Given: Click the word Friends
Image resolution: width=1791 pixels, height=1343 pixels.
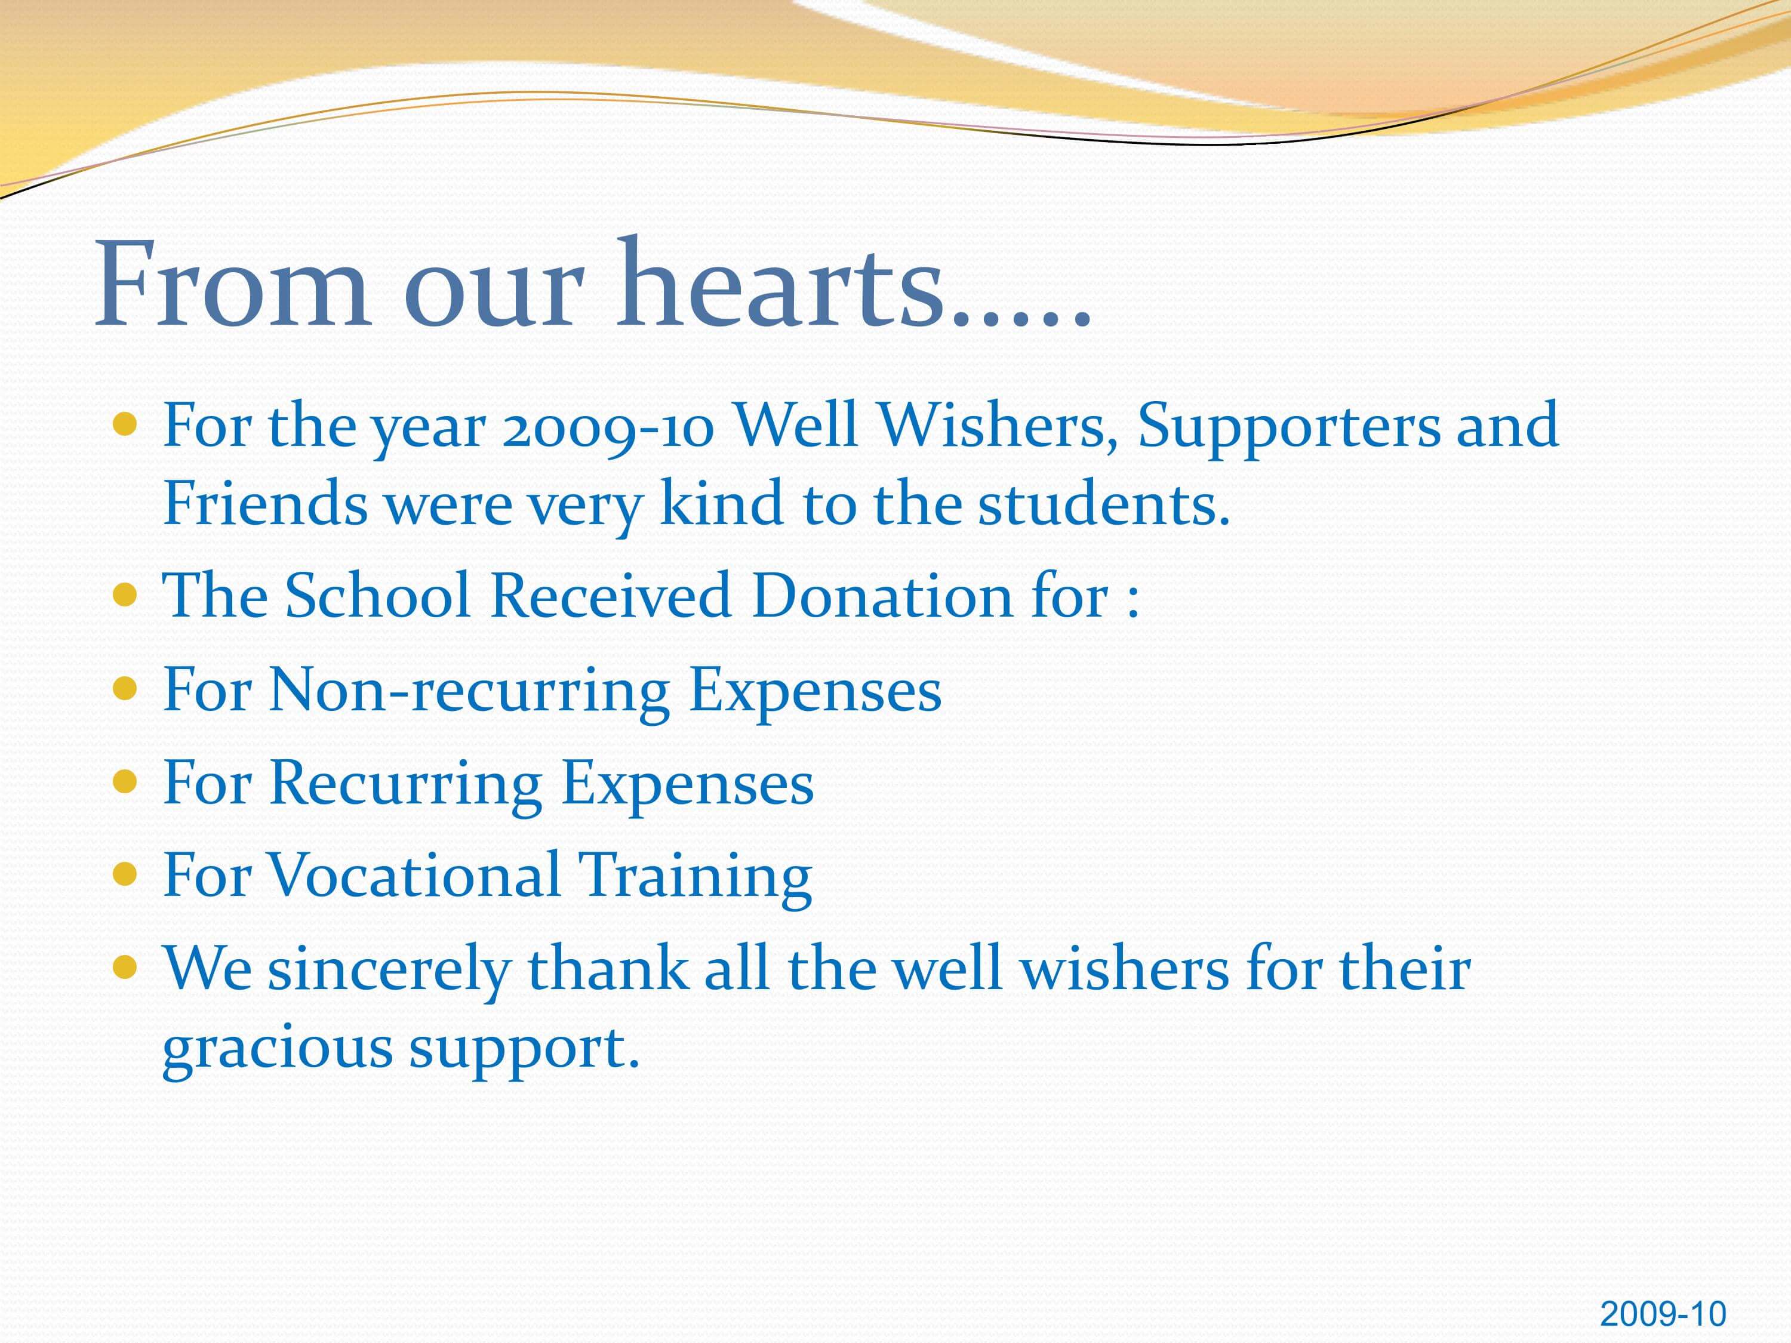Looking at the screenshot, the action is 264,504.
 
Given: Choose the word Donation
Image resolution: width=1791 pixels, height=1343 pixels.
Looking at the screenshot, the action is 882,596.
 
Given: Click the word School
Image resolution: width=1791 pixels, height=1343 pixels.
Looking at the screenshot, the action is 378,596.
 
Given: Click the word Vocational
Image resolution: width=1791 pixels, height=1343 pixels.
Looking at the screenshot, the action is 414,875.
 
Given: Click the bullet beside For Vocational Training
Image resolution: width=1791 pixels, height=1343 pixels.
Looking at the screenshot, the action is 125,874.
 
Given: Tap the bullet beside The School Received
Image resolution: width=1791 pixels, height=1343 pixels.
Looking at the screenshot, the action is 125,596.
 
